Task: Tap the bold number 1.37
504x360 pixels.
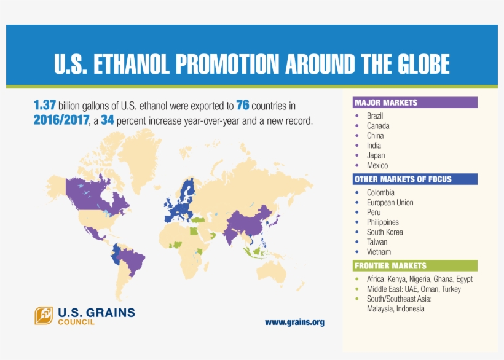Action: (x=45, y=106)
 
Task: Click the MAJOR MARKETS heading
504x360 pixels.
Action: (x=385, y=103)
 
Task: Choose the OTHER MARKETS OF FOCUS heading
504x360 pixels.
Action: (x=403, y=179)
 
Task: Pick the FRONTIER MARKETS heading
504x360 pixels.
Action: (x=390, y=266)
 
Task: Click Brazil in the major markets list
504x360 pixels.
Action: (x=374, y=116)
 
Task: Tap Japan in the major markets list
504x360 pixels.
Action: (x=376, y=155)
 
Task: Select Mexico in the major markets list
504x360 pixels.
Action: (x=377, y=165)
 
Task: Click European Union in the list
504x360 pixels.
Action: (x=390, y=203)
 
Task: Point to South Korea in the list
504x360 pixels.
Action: (x=385, y=232)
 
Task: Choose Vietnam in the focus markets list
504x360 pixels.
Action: (x=379, y=252)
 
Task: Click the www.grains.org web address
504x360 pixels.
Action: (x=294, y=322)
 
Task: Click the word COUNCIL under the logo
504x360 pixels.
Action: (x=76, y=323)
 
